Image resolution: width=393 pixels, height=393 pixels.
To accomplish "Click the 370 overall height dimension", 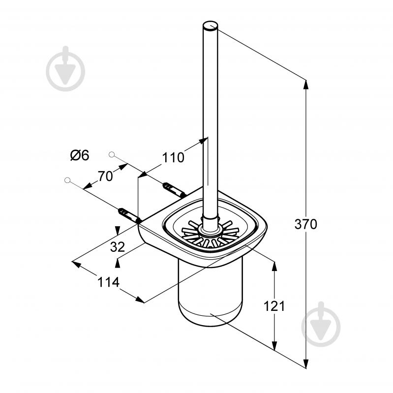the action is pyautogui.click(x=305, y=224).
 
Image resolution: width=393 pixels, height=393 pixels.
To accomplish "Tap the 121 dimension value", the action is pyautogui.click(x=274, y=306).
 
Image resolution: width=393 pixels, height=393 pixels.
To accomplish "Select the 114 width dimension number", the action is pyautogui.click(x=108, y=282).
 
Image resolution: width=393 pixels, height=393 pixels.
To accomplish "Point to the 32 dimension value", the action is pyautogui.click(x=117, y=247).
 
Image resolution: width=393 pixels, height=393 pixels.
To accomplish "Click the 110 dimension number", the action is pyautogui.click(x=173, y=158).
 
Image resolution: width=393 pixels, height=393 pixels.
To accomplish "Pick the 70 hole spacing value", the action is pyautogui.click(x=105, y=176).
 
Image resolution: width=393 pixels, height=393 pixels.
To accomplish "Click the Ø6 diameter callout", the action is pyautogui.click(x=80, y=155).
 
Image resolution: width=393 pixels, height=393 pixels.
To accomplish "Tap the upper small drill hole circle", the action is pyautogui.click(x=112, y=154).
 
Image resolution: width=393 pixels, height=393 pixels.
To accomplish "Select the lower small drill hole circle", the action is pyautogui.click(x=67, y=180).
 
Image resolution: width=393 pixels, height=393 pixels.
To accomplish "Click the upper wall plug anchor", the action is pyautogui.click(x=175, y=190).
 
